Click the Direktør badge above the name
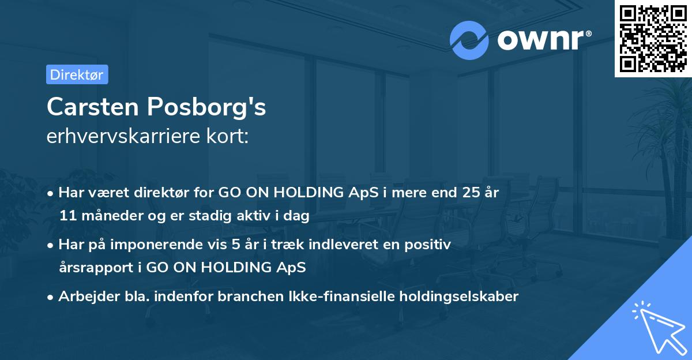pos(77,74)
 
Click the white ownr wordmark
pos(543,39)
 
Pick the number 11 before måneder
pos(66,216)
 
